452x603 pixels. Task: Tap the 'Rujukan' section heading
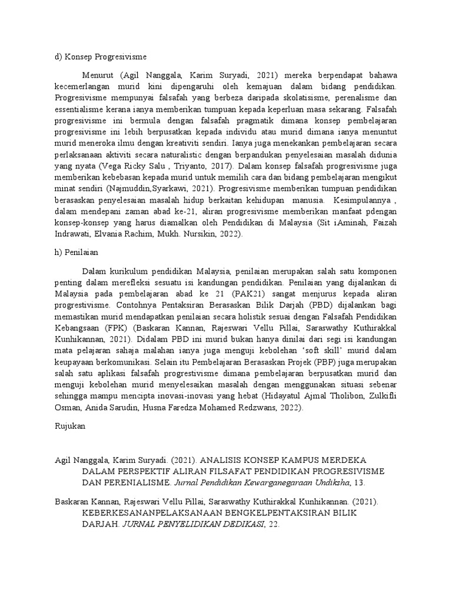(69, 428)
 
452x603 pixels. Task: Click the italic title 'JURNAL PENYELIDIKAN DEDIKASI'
(194, 524)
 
